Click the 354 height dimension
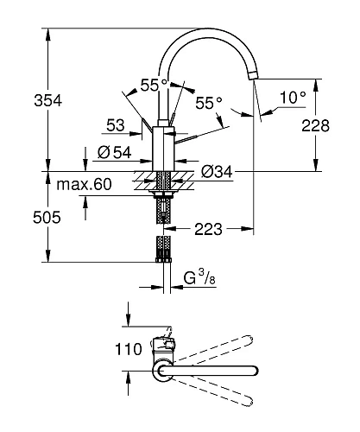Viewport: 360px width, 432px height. click(47, 101)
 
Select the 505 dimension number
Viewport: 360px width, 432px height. click(47, 218)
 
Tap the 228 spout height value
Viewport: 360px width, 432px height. click(315, 126)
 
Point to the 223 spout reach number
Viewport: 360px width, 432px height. click(208, 229)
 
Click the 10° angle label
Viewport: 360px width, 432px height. click(293, 97)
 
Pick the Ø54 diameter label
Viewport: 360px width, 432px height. click(115, 152)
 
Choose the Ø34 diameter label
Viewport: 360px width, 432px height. click(217, 172)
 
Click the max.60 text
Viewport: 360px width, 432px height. click(84, 184)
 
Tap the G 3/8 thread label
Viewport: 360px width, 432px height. click(199, 278)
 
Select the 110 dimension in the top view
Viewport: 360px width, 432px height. click(129, 349)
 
